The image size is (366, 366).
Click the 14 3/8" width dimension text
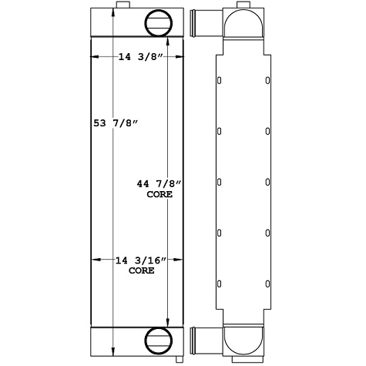point(139,57)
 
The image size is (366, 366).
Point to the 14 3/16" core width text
point(139,260)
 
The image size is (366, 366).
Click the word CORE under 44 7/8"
point(159,195)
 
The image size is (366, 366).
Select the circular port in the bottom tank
point(157,340)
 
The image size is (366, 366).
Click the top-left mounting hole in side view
point(220,81)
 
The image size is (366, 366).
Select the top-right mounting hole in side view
point(267,81)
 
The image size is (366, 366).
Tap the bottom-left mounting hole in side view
point(220,283)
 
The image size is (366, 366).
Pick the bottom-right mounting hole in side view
point(267,283)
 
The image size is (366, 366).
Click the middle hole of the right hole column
point(267,182)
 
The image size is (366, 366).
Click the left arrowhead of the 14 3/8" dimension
point(96,57)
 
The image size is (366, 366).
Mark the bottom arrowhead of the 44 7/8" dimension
point(169,323)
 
